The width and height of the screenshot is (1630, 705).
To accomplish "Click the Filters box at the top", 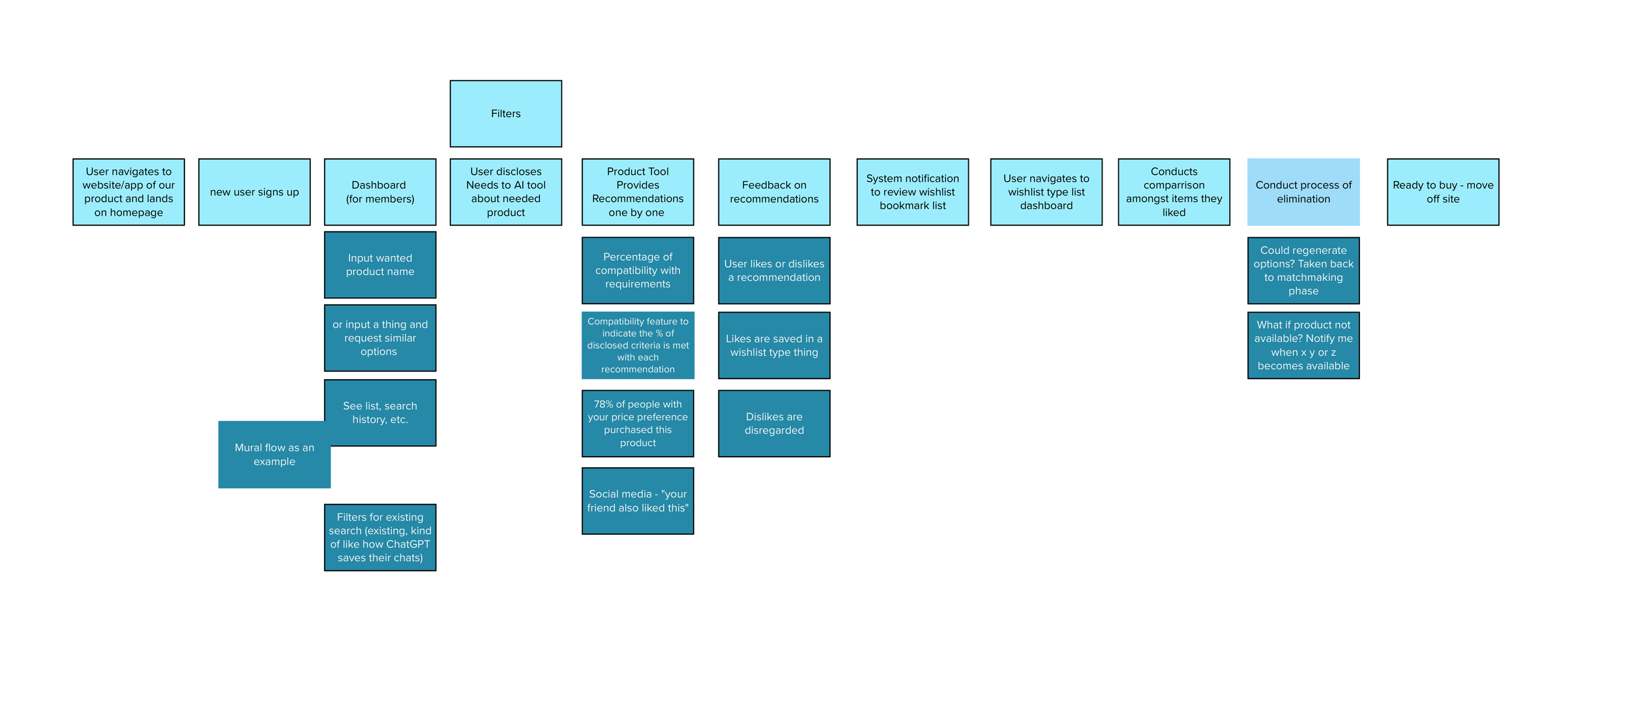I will pos(505,113).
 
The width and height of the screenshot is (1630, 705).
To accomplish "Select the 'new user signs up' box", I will pos(254,192).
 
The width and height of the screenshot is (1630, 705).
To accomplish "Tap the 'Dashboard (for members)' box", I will pos(380,192).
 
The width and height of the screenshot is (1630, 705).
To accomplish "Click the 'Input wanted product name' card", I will pos(380,265).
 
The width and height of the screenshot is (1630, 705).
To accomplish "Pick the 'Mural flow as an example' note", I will pos(274,455).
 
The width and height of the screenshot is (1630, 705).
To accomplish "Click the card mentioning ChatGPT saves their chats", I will pos(380,538).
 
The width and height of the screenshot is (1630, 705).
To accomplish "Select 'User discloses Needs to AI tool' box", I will pos(505,192).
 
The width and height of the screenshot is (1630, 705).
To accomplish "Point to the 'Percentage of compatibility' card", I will pos(638,270).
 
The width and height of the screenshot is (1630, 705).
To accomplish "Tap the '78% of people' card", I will pos(638,424).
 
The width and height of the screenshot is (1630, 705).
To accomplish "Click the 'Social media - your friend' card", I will pos(638,501).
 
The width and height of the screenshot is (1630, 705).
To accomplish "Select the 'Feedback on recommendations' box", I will pos(774,192).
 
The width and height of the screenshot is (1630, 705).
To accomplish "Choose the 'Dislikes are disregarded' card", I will pos(774,424).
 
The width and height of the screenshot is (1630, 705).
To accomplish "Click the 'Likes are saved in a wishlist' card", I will pos(774,345).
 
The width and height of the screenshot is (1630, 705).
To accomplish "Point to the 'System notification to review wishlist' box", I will pos(912,192).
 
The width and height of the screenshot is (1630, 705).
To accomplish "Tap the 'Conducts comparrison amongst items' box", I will pos(1174,192).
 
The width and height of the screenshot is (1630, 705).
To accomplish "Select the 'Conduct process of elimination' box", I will pos(1303,192).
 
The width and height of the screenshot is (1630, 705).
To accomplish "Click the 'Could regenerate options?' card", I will pos(1303,270).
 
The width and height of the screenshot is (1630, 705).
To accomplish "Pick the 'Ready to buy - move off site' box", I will pos(1443,192).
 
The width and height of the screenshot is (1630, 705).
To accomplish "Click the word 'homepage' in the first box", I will pos(128,212).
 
